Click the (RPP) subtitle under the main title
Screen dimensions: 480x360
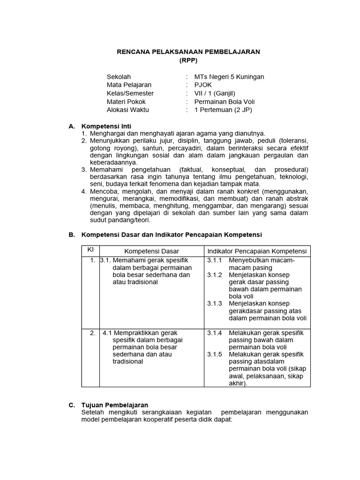pyautogui.click(x=188, y=60)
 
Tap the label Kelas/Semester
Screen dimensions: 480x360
pyautogui.click(x=130, y=93)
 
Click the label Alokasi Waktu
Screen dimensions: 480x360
pyautogui.click(x=127, y=110)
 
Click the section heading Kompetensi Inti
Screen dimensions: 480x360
pyautogui.click(x=106, y=126)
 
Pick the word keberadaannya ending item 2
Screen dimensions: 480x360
pyautogui.click(x=113, y=162)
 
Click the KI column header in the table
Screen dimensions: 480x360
pyautogui.click(x=90, y=250)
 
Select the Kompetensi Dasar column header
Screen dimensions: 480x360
pyautogui.click(x=151, y=251)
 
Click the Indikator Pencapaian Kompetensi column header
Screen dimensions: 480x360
pyautogui.click(x=257, y=251)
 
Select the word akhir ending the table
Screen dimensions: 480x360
pyautogui.click(x=237, y=383)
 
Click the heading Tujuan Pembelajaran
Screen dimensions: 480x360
pyautogui.click(x=115, y=405)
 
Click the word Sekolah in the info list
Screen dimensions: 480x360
pyautogui.click(x=119, y=76)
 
